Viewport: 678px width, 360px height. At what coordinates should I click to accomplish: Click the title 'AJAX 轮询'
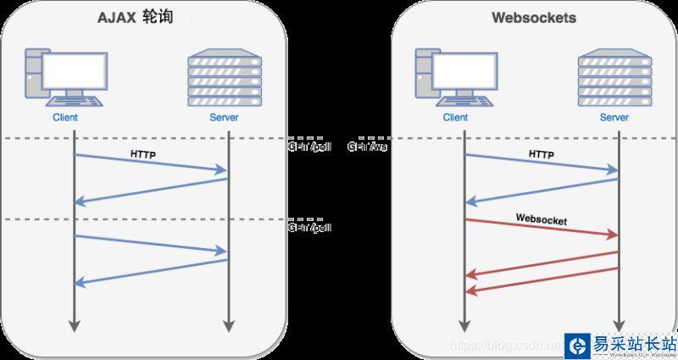coord(139,18)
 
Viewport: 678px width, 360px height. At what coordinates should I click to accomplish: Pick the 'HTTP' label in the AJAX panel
coord(143,155)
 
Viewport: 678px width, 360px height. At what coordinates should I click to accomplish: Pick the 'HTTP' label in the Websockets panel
coord(541,155)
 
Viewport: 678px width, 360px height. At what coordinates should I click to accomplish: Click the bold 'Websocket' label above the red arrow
coord(541,219)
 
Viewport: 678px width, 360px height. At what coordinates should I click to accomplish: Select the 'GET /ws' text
coord(367,147)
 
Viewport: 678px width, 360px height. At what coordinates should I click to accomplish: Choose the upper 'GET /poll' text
coord(309,147)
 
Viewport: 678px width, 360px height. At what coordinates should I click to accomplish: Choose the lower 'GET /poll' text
coord(309,228)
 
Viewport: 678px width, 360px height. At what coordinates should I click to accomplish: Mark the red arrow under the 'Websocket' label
coord(541,229)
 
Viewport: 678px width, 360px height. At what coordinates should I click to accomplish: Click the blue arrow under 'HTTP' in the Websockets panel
coord(541,163)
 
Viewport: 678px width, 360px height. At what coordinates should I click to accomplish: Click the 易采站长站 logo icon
coord(579,346)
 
